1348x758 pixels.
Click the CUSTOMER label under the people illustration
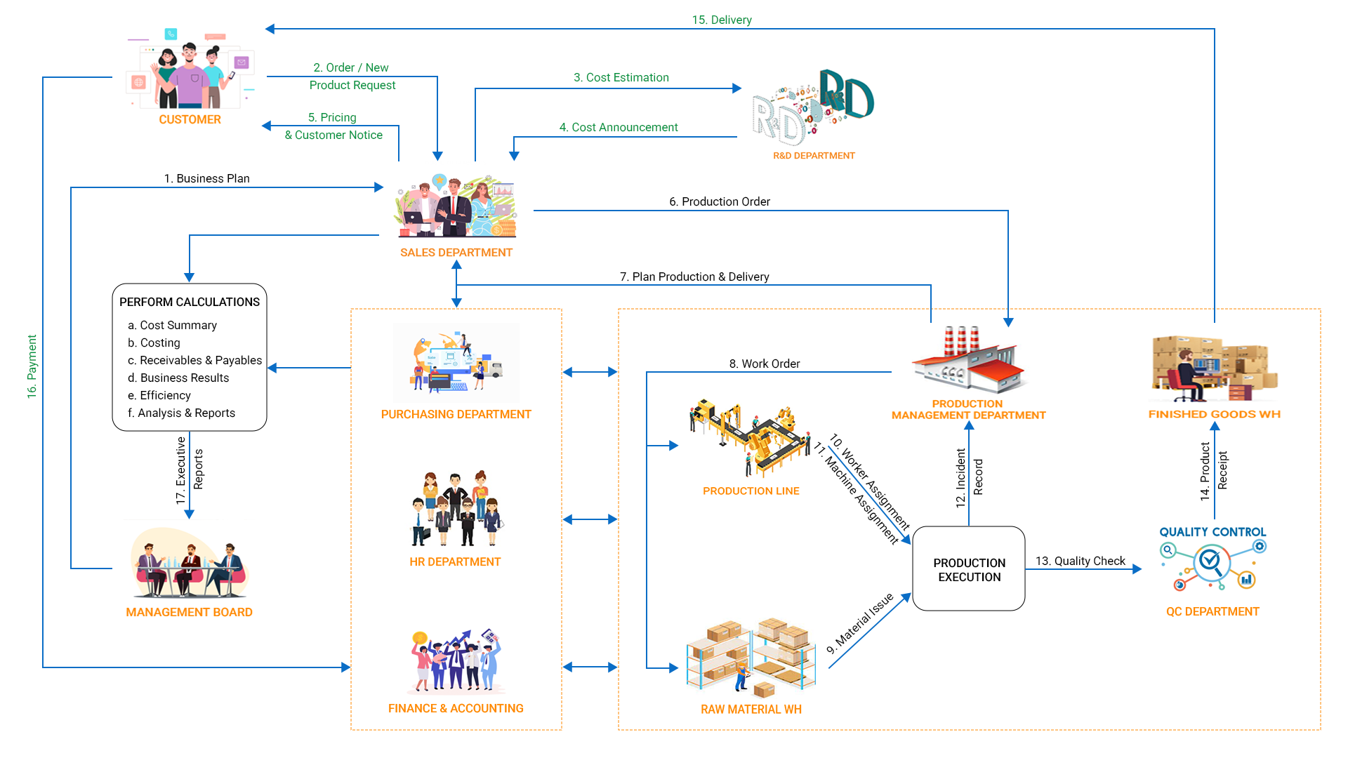tap(190, 120)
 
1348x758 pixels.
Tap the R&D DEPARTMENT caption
tap(814, 156)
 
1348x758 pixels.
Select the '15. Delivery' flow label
tap(722, 20)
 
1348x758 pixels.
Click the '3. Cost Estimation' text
tap(621, 77)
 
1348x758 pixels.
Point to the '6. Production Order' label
tap(719, 201)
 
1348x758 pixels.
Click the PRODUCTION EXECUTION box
tap(969, 569)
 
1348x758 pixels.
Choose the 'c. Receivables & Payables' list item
tap(194, 360)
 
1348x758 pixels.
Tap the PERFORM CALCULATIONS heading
tap(190, 302)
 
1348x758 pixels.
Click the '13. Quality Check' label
tap(1080, 561)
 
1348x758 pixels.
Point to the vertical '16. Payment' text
tap(32, 366)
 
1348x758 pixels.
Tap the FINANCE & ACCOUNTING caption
tap(456, 708)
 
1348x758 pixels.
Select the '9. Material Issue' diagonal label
tap(860, 623)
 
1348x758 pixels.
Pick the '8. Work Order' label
tap(764, 364)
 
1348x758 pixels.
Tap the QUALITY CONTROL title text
tap(1212, 532)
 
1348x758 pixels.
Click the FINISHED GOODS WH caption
tap(1214, 414)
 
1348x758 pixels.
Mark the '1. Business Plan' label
tap(206, 178)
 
